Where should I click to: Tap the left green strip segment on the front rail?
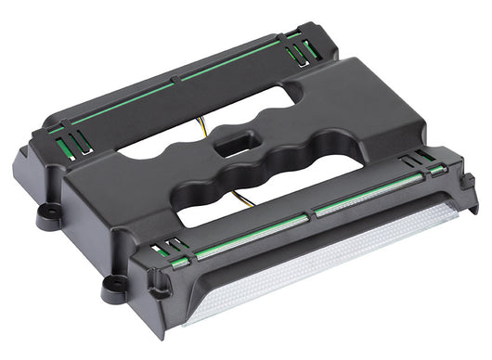click(x=251, y=233)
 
